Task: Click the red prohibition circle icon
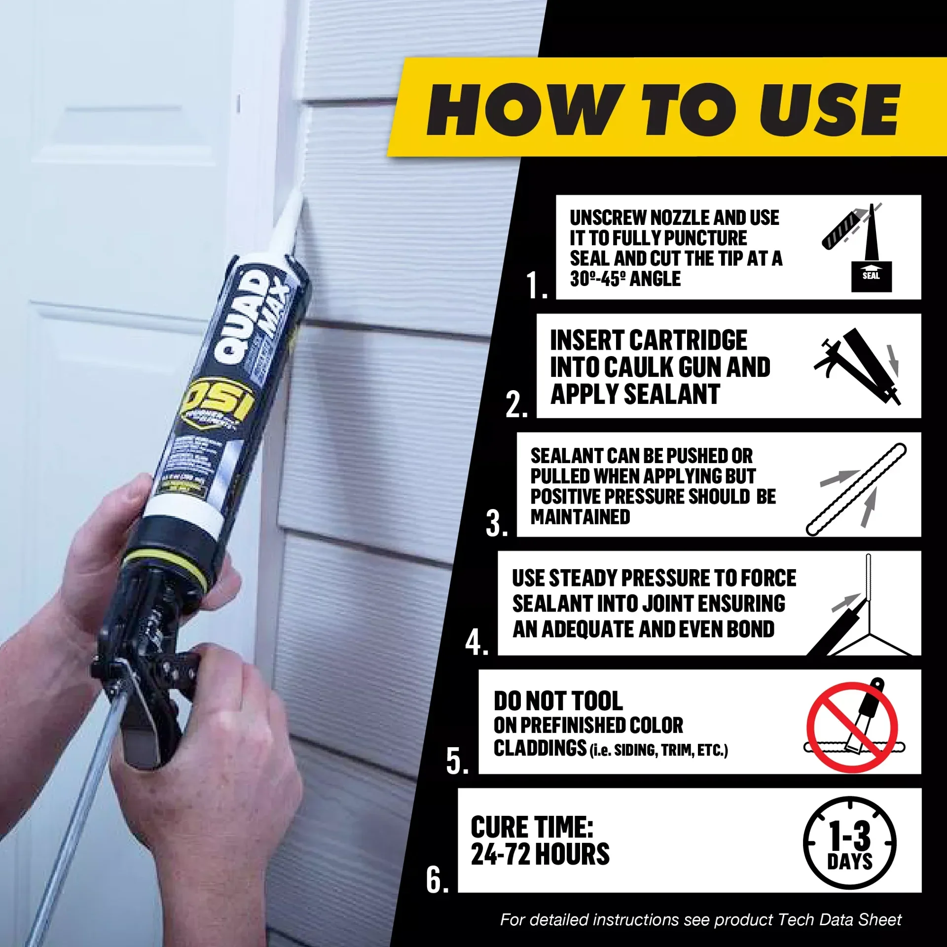click(852, 727)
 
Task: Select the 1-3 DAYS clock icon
click(849, 843)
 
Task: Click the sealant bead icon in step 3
click(856, 489)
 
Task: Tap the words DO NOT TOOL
click(558, 700)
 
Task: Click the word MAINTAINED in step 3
click(580, 517)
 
